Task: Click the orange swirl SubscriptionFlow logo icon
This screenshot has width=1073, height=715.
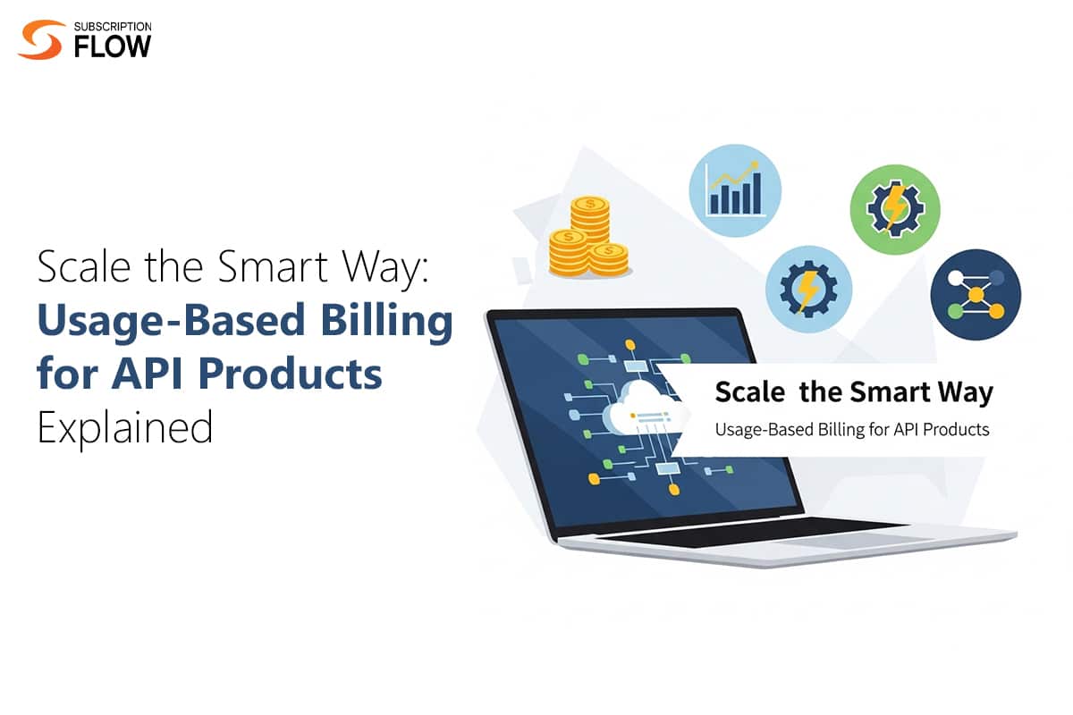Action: pos(40,38)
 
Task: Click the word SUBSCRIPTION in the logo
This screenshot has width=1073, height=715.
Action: pos(114,26)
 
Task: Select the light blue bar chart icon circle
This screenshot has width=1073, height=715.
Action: pos(734,191)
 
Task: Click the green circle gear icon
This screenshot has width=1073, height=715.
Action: pos(893,209)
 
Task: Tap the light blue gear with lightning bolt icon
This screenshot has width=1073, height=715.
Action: pos(807,288)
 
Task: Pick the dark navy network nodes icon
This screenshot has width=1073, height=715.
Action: pos(975,293)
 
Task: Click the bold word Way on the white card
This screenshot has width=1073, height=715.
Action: pos(967,391)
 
